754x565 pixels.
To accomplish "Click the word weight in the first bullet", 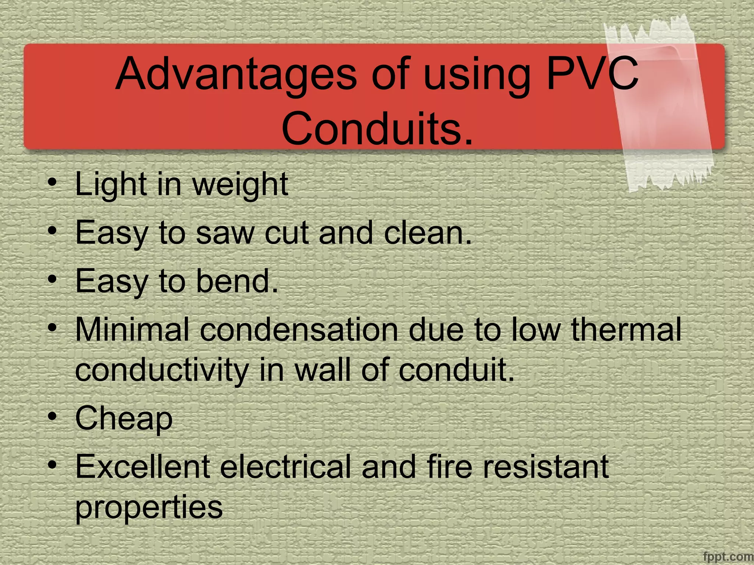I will (x=240, y=185).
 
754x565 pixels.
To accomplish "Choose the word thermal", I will (x=626, y=330).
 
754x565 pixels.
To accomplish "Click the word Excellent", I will (x=142, y=467).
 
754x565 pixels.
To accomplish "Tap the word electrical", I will (x=285, y=467).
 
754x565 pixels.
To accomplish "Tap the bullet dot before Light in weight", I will (x=53, y=182).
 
